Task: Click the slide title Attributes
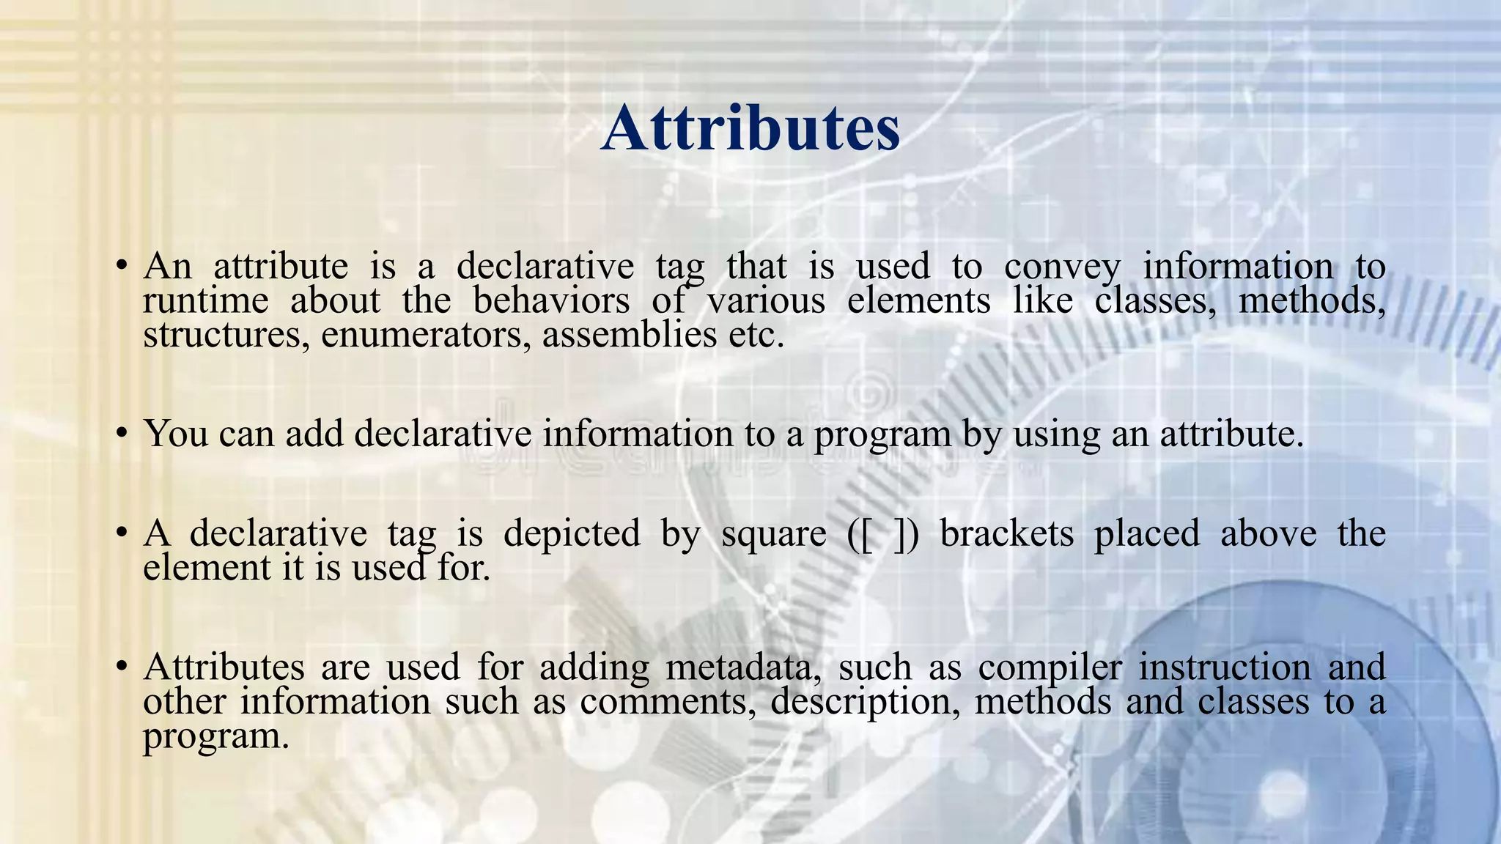pyautogui.click(x=750, y=129)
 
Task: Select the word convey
pyautogui.click(x=1062, y=267)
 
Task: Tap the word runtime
pyautogui.click(x=206, y=300)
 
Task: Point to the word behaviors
pyautogui.click(x=551, y=300)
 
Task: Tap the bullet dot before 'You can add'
pyautogui.click(x=122, y=432)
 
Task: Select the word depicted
pyautogui.click(x=572, y=533)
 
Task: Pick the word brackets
pyautogui.click(x=1007, y=533)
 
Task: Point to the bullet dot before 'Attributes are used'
pyautogui.click(x=122, y=665)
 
